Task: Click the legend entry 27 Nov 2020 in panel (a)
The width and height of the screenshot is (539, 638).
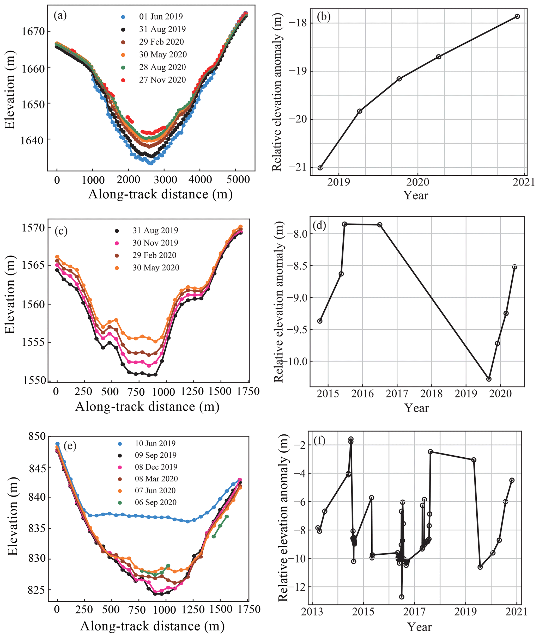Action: (x=162, y=80)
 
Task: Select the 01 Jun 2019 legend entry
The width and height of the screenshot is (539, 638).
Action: (x=161, y=16)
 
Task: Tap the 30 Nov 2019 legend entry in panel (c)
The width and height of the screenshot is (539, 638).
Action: (x=155, y=243)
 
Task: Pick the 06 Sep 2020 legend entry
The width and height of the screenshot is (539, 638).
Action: (x=155, y=502)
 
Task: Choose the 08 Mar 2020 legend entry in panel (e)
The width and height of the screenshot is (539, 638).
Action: (x=156, y=479)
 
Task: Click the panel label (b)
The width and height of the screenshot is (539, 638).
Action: (x=324, y=17)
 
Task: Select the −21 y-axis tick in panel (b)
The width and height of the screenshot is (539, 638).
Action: (x=297, y=167)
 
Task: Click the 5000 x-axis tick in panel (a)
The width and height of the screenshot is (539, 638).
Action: (x=238, y=180)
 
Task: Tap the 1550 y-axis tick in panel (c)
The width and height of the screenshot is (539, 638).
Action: (x=34, y=380)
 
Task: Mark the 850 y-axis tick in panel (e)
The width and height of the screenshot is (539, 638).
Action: (x=37, y=436)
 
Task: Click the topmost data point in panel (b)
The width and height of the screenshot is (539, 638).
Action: (x=517, y=16)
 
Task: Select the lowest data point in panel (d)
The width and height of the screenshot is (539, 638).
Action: (x=489, y=379)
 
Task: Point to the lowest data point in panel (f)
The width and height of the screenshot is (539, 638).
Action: (x=402, y=597)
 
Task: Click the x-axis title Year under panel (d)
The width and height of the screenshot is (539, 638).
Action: (x=416, y=408)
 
